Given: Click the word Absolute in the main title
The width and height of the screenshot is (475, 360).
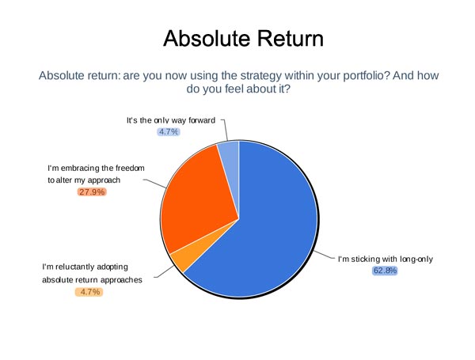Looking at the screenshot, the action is point(207,39).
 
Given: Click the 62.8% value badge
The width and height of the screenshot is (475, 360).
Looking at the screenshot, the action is point(385,271).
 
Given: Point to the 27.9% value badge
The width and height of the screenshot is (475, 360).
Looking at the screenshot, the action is point(92,192).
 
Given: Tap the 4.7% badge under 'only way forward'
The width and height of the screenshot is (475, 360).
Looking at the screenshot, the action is point(169,131).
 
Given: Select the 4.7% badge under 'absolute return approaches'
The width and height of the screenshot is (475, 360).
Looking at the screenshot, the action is point(89,292).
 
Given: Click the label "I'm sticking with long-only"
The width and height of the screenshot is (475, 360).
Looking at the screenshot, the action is point(386,260).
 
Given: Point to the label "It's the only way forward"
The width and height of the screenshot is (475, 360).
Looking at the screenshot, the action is point(171,120).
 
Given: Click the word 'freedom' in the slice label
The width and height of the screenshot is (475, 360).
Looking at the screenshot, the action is point(130,168).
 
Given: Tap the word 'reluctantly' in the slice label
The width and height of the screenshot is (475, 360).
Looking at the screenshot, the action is point(77,267).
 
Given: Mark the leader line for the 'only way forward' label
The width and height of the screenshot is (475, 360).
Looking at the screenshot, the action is point(225,130).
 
